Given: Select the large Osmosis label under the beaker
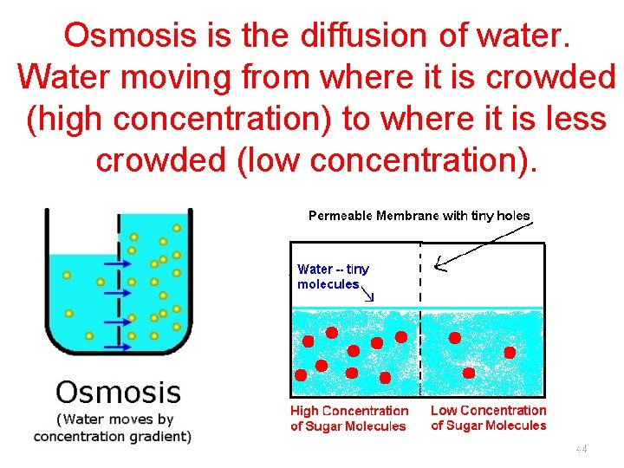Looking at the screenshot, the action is tap(118, 392).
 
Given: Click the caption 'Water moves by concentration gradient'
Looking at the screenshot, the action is tap(113, 427).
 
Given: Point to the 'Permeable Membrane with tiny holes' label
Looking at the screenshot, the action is tap(419, 215).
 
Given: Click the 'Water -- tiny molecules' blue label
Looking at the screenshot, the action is tap(333, 276).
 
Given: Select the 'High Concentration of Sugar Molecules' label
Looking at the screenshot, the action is tap(348, 419).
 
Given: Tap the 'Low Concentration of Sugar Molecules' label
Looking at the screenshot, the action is tap(489, 418).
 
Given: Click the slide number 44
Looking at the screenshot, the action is tap(581, 449).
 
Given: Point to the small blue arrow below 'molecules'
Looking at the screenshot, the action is tap(367, 295).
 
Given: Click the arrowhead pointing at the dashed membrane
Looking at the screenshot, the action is tap(440, 263).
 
